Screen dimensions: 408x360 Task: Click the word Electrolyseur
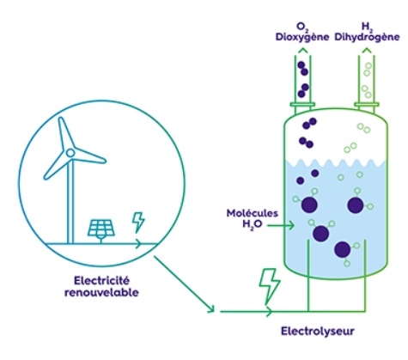(x=318, y=332)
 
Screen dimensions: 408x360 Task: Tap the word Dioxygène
(x=302, y=37)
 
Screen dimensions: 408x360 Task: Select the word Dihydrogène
(x=367, y=37)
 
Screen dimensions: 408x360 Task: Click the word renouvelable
(x=101, y=293)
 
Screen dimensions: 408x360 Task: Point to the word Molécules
(x=252, y=213)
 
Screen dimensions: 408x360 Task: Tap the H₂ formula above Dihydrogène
(x=366, y=27)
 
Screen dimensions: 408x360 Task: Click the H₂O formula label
(x=253, y=224)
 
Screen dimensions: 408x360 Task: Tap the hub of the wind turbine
(x=70, y=153)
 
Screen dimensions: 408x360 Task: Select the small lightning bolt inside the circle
(x=138, y=222)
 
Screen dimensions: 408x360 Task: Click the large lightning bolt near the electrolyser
(x=269, y=286)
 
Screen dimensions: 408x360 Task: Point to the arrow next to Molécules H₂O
(x=281, y=226)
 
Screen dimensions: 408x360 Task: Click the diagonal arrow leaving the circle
(x=185, y=284)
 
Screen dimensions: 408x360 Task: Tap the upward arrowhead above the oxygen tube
(x=302, y=51)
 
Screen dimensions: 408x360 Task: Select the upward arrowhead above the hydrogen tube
(x=367, y=51)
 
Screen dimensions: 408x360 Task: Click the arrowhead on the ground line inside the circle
(x=138, y=244)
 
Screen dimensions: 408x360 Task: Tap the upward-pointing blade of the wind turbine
(x=65, y=133)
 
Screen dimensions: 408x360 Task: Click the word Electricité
(x=101, y=280)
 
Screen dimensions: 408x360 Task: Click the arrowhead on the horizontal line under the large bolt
(x=269, y=311)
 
